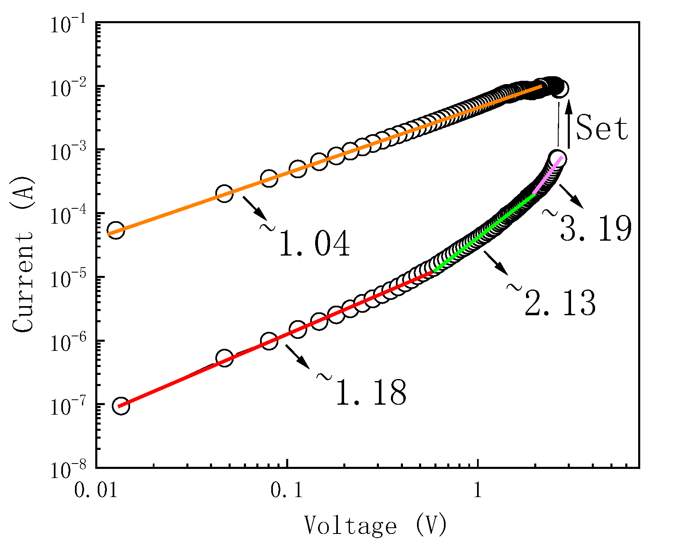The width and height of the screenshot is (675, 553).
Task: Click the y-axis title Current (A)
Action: (23, 254)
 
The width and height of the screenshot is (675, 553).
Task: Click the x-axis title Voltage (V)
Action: (375, 525)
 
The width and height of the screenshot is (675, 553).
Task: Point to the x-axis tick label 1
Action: (478, 490)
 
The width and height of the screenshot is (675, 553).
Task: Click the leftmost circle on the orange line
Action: (116, 231)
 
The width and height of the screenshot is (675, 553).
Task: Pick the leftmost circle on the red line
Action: (121, 406)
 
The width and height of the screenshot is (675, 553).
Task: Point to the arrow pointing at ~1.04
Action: (254, 208)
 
